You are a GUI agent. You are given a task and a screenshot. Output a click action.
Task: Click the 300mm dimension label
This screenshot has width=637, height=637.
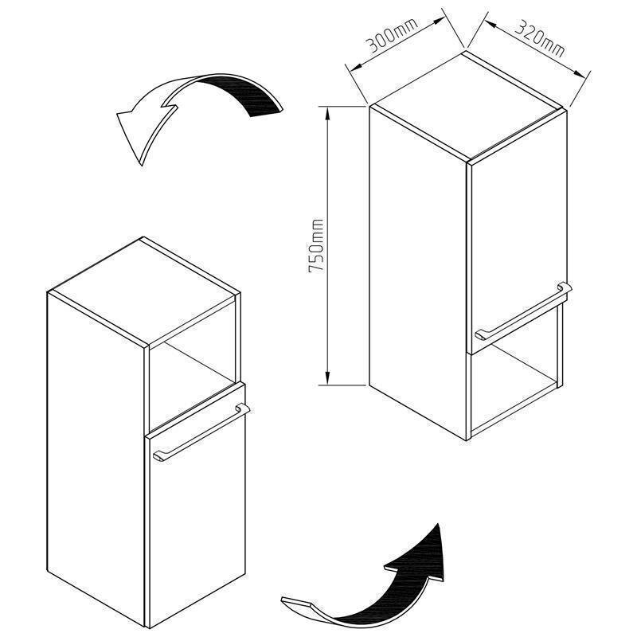(392, 36)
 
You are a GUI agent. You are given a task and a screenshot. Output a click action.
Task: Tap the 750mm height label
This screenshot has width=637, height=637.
(316, 246)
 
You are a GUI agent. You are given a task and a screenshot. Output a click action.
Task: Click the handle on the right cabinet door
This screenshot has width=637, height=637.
(523, 311)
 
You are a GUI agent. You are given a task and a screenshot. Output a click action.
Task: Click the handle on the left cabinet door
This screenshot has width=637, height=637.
(201, 432)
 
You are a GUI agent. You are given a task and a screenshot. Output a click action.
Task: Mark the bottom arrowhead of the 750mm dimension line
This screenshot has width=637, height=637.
(327, 377)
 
